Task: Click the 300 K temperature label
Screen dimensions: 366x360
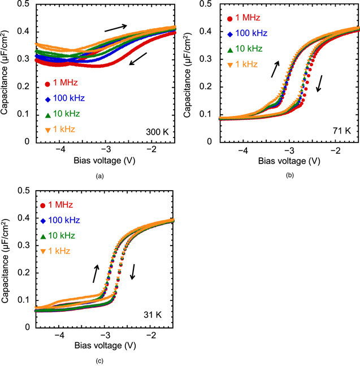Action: coord(160,132)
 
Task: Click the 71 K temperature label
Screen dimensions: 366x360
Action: coord(341,131)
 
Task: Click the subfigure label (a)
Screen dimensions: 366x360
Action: coord(100,176)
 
